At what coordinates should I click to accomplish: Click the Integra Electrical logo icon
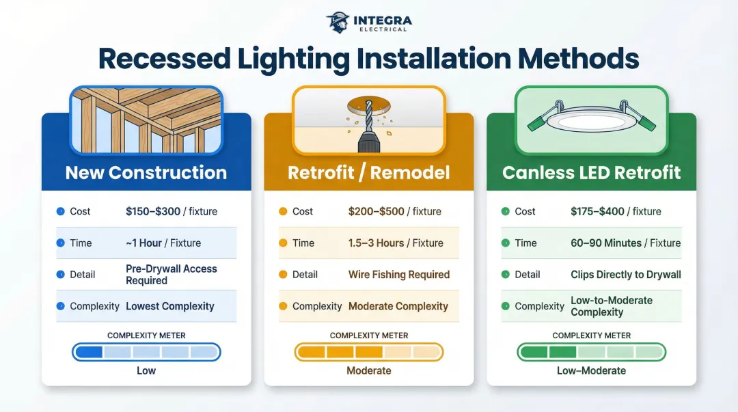338,22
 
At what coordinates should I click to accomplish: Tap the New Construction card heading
146,172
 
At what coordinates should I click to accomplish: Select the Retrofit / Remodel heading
368,172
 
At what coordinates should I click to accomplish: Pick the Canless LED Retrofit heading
591,172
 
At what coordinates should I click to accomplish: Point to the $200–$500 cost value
376,211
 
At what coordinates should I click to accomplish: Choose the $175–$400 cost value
598,211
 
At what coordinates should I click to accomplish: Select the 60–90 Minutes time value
606,243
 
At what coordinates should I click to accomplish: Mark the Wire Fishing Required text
399,275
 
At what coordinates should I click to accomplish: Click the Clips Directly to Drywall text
625,275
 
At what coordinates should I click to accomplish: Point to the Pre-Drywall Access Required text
172,275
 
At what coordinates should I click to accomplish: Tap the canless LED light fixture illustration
592,120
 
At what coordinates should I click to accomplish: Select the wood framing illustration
146,120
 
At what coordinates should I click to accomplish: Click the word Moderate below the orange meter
369,370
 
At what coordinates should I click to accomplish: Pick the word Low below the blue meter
146,370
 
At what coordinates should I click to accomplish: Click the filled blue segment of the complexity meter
88,352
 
